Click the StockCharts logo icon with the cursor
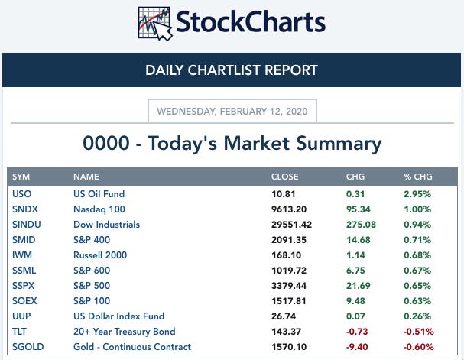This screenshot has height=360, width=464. (155, 24)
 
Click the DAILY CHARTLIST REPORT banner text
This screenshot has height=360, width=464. (232, 70)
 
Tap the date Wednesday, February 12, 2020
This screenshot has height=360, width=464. (232, 112)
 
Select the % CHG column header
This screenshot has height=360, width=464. (418, 177)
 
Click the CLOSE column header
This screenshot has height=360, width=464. (284, 177)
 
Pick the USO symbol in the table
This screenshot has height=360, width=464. (21, 194)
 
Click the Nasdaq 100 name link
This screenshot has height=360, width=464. (99, 209)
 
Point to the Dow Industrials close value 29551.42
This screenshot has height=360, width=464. (291, 225)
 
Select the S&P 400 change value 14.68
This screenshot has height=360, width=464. (359, 240)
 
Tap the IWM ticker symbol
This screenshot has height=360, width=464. (22, 255)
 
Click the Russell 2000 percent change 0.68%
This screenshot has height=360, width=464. (417, 255)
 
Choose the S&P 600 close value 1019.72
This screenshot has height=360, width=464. (289, 271)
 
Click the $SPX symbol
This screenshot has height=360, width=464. (23, 286)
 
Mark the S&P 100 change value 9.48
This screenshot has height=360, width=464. (355, 301)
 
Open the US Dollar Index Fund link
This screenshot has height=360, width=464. (118, 316)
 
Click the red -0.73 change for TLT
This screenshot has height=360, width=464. (356, 332)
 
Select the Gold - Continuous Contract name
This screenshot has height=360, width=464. (132, 347)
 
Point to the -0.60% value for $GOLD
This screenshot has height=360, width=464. (418, 347)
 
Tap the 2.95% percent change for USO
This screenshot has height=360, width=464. (417, 194)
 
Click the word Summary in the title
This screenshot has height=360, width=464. (339, 144)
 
